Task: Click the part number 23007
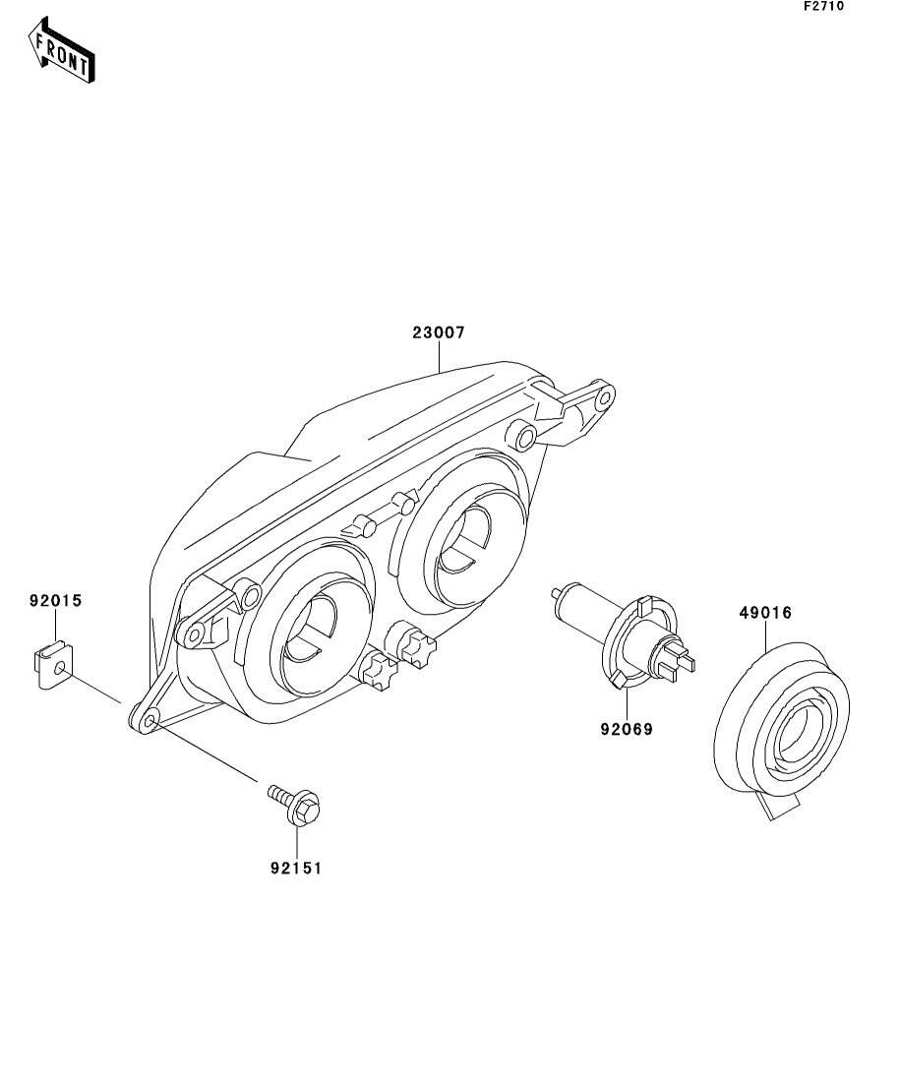[x=438, y=332]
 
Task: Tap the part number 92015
[x=55, y=599]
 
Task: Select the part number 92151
[x=296, y=868]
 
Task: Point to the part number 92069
[x=627, y=729]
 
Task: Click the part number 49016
[x=765, y=613]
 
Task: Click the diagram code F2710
[x=823, y=6]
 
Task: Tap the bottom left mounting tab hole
[x=150, y=723]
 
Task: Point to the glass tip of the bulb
[x=559, y=592]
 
